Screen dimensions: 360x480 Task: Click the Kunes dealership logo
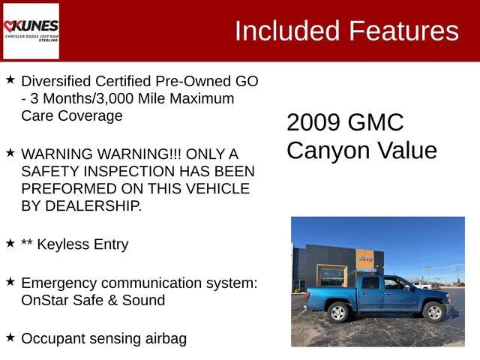pyautogui.click(x=31, y=31)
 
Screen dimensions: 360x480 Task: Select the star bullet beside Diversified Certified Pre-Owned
pyautogui.click(x=10, y=79)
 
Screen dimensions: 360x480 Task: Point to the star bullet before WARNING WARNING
pyautogui.click(x=10, y=151)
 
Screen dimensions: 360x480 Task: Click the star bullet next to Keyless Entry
pyautogui.click(x=10, y=242)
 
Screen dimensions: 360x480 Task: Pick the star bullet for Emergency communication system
pyautogui.click(x=10, y=281)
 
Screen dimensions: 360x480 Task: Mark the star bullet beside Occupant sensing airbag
pyautogui.click(x=10, y=337)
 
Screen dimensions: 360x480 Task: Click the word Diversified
pyautogui.click(x=56, y=81)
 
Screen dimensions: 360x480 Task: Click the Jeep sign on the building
pyautogui.click(x=365, y=259)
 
